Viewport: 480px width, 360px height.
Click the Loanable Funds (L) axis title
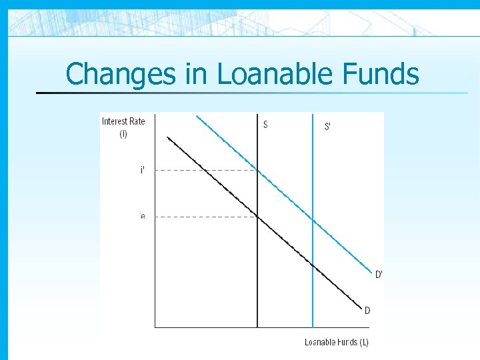point(337,342)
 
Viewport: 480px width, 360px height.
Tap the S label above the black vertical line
point(266,124)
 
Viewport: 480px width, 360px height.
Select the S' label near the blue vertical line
point(327,127)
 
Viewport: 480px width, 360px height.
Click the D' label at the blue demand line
point(379,274)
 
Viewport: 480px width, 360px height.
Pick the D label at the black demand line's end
point(367,310)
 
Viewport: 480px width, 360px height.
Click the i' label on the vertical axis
point(142,170)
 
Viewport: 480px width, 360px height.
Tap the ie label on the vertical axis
point(142,216)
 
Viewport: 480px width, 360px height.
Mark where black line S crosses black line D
point(257,216)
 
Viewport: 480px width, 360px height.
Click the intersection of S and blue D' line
point(257,170)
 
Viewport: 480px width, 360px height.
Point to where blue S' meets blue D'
point(313,219)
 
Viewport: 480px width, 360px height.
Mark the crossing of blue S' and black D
point(313,265)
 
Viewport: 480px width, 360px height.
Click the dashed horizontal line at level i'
point(200,170)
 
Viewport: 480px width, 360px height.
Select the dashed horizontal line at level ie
point(200,216)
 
